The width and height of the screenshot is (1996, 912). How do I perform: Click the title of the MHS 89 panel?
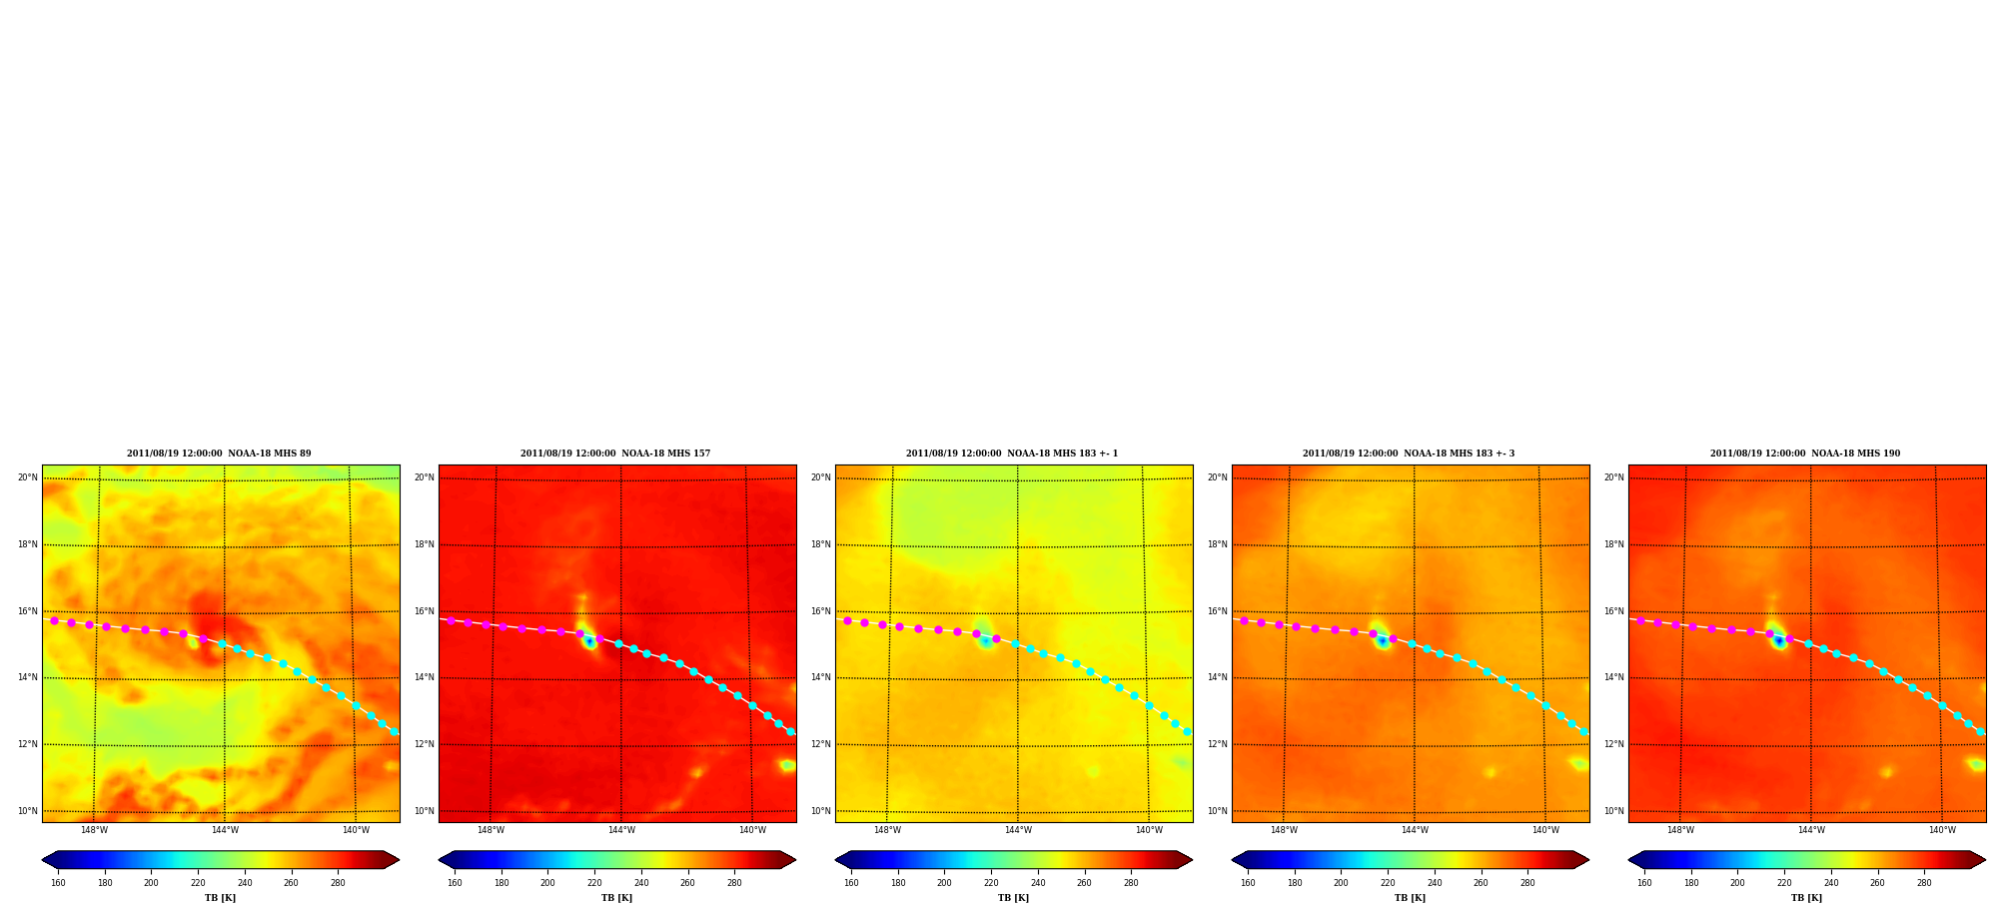[219, 454]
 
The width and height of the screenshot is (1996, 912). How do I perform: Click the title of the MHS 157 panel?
[615, 454]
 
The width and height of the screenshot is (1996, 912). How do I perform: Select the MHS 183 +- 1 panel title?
[1012, 454]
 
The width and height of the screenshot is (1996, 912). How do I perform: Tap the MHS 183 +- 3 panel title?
[1409, 454]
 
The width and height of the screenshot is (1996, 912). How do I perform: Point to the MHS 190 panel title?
[1805, 454]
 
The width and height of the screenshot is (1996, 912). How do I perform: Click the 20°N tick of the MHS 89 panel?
[27, 477]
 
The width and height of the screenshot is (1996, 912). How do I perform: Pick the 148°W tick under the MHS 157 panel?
[491, 830]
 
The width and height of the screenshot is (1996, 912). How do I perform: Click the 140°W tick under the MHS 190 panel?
[1942, 830]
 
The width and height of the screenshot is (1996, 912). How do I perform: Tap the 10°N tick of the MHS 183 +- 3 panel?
[1217, 811]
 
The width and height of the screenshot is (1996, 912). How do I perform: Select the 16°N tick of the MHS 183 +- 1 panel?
[820, 611]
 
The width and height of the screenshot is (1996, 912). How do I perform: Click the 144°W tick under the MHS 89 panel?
[225, 830]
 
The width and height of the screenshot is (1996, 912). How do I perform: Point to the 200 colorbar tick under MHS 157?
[547, 883]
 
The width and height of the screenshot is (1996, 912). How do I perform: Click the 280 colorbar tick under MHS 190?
[1924, 883]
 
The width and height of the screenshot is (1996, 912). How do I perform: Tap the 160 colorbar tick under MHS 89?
[58, 883]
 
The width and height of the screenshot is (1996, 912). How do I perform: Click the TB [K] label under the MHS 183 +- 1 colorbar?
[1013, 898]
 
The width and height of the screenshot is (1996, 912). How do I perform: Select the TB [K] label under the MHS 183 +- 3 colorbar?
[1410, 898]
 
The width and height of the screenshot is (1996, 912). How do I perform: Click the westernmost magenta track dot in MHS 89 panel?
[54, 620]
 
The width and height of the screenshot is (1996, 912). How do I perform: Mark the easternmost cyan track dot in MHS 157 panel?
[790, 732]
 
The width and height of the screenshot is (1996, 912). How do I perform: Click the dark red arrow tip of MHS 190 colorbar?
[1985, 860]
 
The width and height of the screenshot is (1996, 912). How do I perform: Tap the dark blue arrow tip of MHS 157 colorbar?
[440, 860]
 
